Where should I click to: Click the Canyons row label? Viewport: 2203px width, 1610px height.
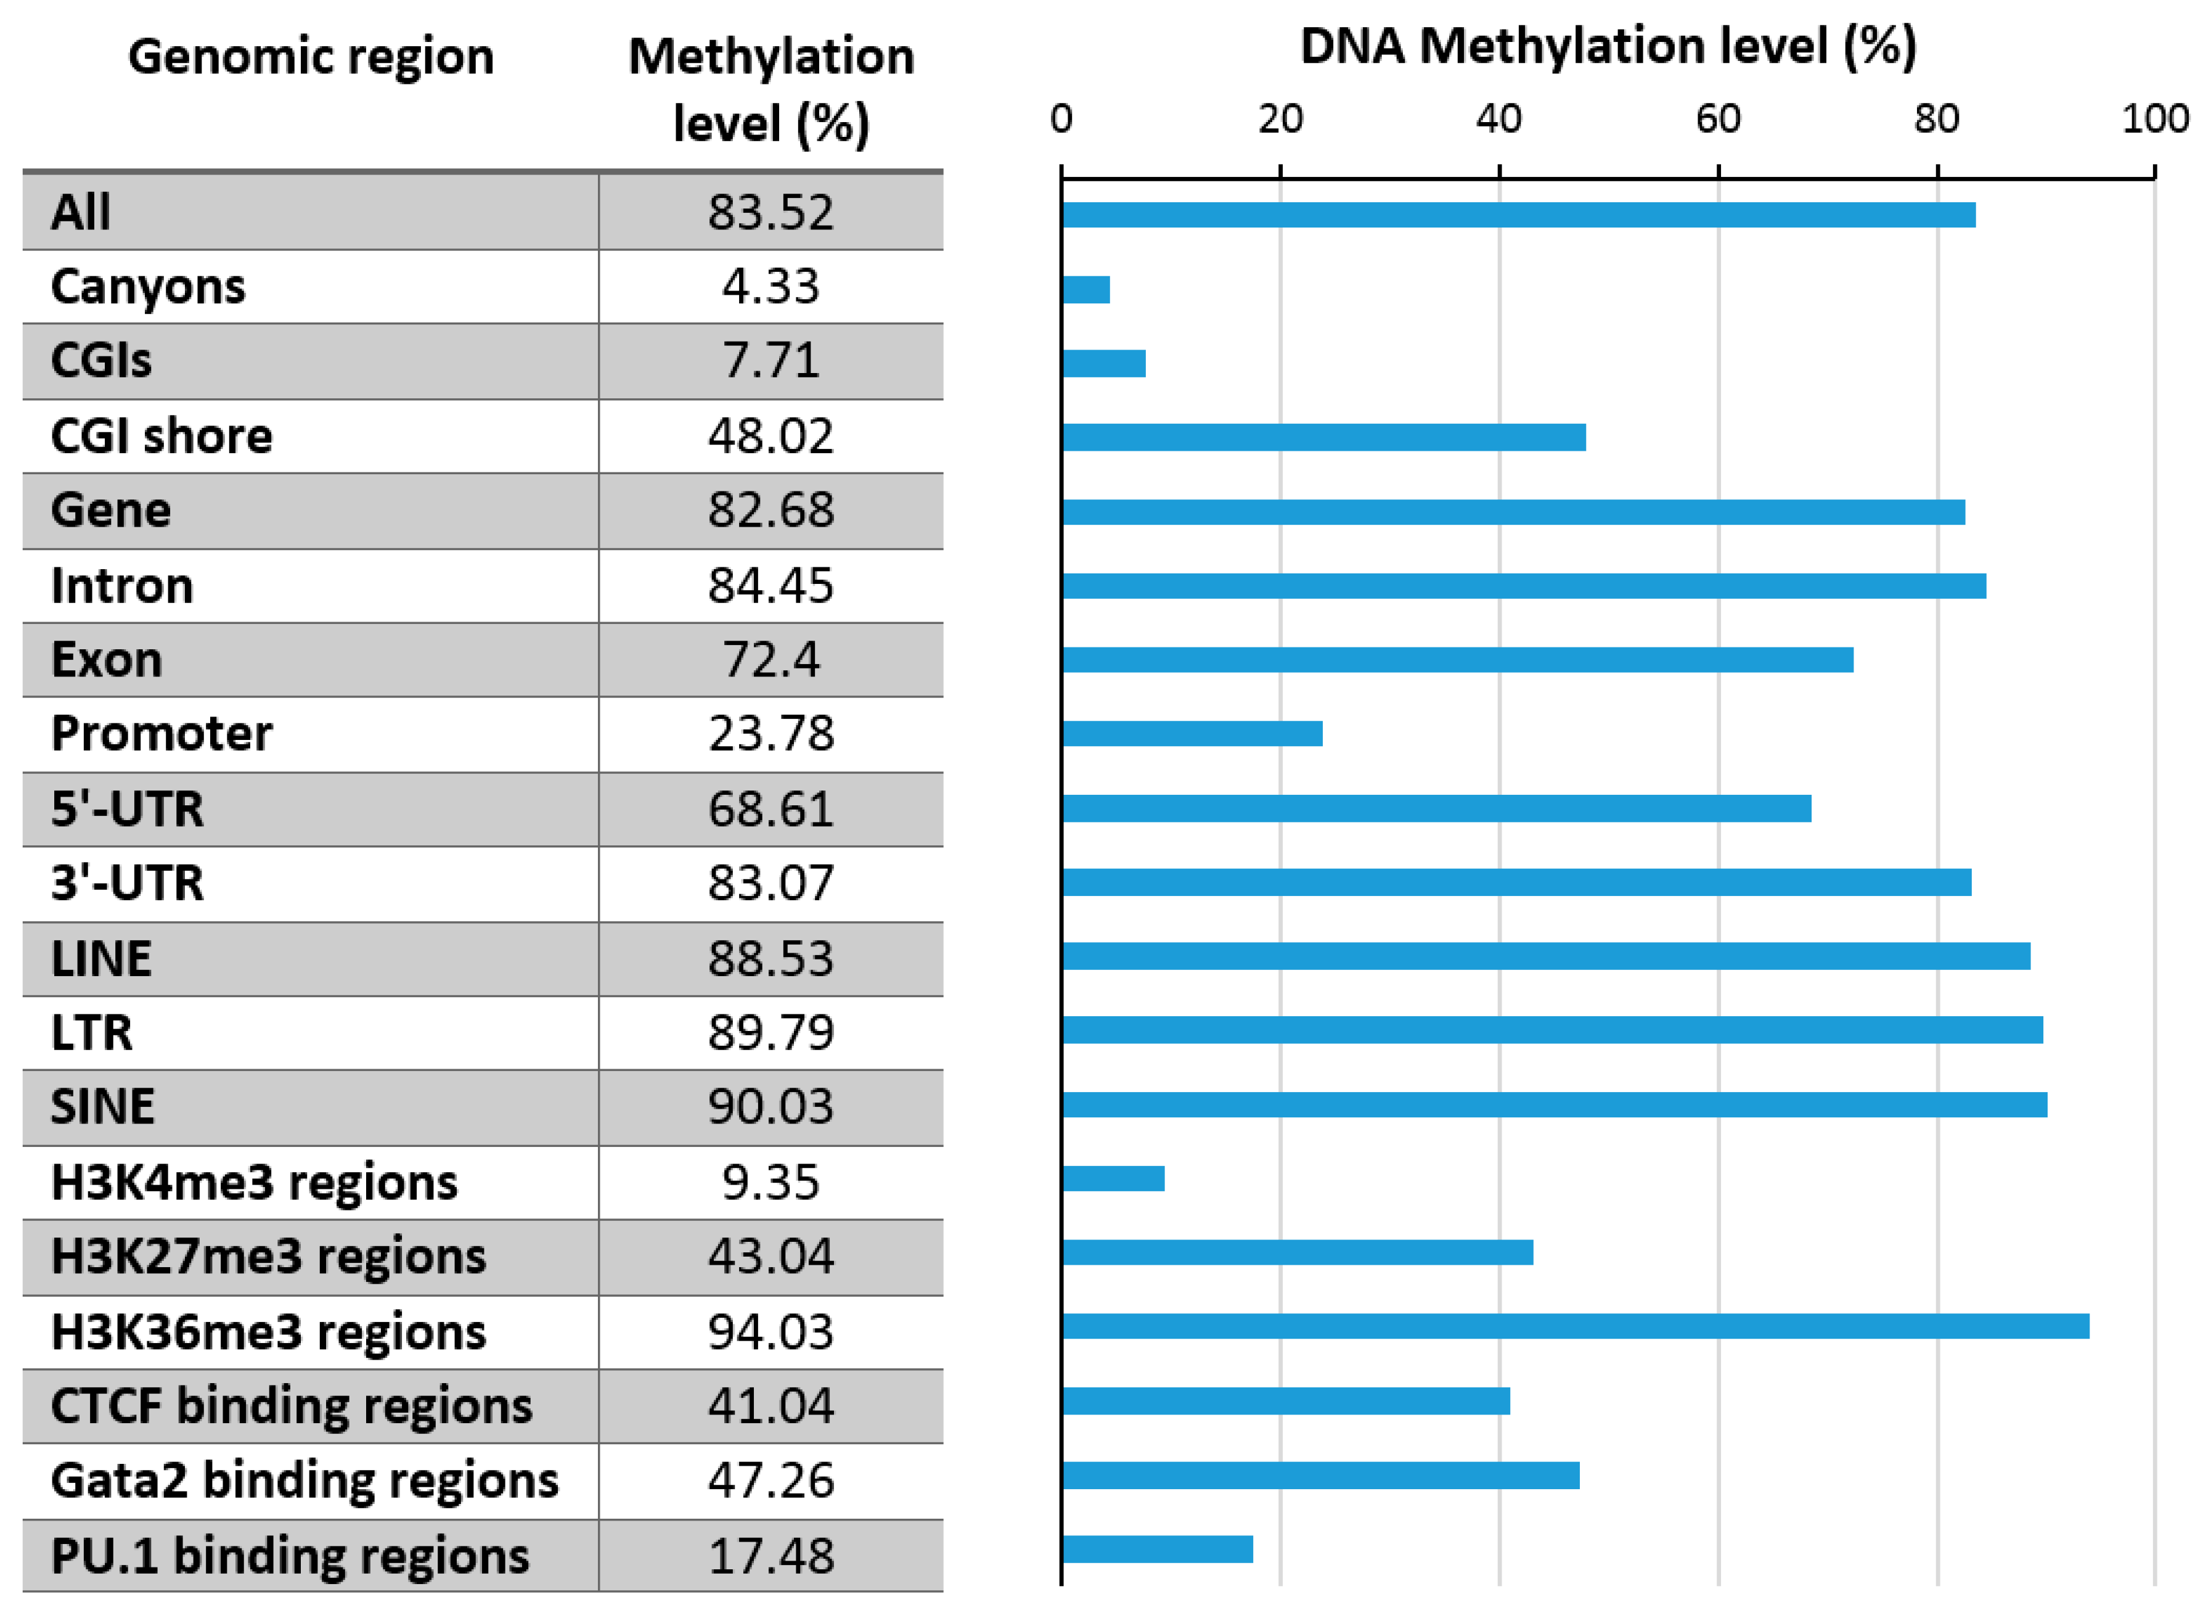point(148,287)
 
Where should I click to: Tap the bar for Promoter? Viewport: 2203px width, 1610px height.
point(1191,733)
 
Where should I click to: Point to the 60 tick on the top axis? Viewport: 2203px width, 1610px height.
point(1717,119)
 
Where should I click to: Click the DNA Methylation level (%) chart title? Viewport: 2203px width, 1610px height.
point(1608,46)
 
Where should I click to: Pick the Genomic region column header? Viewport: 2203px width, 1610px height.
point(311,57)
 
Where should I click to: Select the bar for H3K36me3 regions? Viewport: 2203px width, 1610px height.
point(1574,1326)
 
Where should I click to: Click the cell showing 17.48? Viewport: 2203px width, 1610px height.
point(770,1555)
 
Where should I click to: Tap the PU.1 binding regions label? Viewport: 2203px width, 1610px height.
point(289,1555)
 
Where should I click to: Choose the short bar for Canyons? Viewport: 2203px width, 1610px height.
point(1085,289)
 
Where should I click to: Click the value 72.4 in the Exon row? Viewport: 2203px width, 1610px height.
point(770,660)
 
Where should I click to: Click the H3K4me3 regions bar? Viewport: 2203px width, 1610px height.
point(1113,1178)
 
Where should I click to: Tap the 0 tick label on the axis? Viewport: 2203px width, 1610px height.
point(1061,119)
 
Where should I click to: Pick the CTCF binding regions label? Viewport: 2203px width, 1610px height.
point(292,1405)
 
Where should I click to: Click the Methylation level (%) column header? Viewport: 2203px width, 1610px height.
point(770,89)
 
